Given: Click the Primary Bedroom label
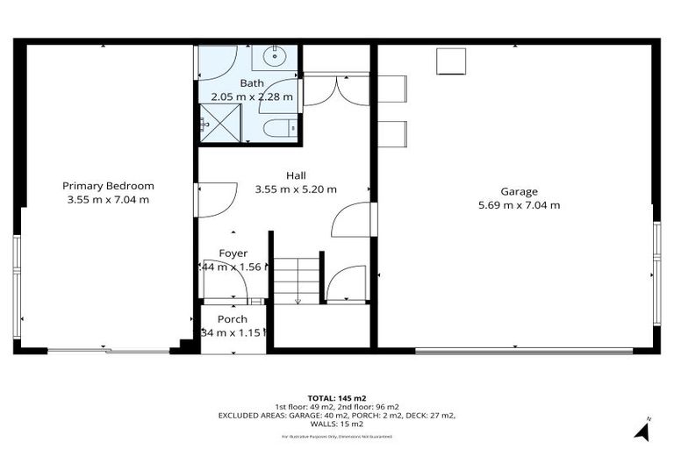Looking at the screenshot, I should click(x=108, y=185).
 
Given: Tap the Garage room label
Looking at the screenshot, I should click(x=519, y=191).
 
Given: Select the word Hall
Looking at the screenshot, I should click(x=296, y=175).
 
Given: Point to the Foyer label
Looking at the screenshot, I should click(x=233, y=253).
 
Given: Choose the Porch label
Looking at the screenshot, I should click(x=233, y=319).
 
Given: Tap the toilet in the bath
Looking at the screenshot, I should click(x=279, y=128).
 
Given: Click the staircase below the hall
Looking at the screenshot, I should click(x=297, y=279).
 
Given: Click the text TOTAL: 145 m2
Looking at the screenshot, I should click(x=337, y=397).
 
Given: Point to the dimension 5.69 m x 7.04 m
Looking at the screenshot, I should click(x=519, y=205).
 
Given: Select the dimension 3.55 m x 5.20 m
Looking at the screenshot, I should click(x=296, y=189).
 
